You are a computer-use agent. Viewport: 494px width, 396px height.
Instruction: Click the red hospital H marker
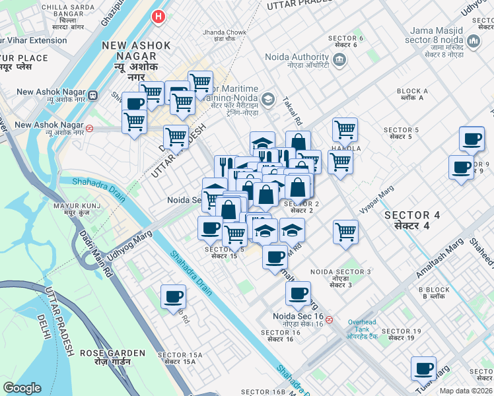tap(158, 16)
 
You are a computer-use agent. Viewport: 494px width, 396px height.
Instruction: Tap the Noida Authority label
tap(297, 61)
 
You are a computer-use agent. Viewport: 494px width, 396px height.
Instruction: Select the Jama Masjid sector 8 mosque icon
tap(473, 43)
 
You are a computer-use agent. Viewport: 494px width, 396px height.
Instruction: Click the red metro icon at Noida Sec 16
tap(329, 319)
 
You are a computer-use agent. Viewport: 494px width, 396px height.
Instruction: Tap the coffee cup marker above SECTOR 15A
tap(174, 296)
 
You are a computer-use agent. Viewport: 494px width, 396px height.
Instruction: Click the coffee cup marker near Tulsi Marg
tap(423, 368)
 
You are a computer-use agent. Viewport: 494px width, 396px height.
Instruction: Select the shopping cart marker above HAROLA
tap(345, 130)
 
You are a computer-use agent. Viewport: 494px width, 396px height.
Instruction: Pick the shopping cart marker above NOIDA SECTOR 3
tap(345, 232)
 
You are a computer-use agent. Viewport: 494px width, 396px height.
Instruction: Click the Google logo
tap(22, 388)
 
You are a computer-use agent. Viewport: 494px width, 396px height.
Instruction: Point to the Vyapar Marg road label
tap(376, 199)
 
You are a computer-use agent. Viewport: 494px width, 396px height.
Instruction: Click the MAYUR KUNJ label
tap(72, 210)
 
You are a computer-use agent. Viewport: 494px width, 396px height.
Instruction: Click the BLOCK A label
tap(412, 94)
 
